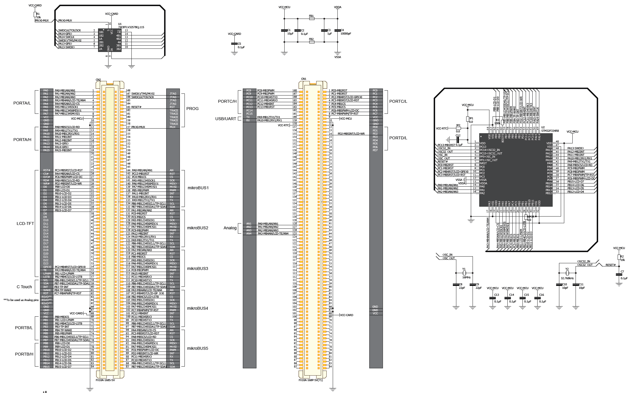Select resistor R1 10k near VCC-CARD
35,15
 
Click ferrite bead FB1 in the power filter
312,19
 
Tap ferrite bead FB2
312,42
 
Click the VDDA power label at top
337,7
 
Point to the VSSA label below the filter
337,57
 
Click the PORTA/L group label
22,103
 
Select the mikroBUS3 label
198,268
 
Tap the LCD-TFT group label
25,223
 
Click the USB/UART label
225,119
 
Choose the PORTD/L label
398,138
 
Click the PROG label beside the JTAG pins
192,109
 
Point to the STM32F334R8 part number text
550,131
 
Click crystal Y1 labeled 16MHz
464,273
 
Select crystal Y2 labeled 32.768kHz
567,273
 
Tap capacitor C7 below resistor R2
619,275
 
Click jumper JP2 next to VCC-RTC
458,128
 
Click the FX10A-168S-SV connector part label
105,380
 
